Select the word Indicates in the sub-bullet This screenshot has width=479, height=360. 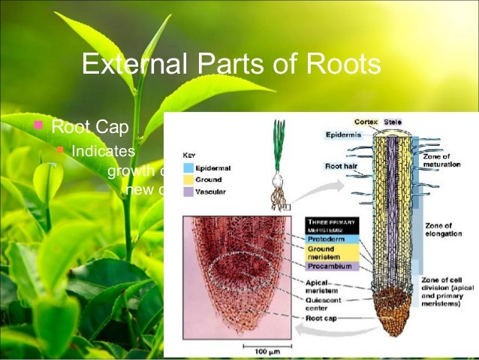coord(103,150)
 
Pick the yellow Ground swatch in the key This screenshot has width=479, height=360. coord(188,180)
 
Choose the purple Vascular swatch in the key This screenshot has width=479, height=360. coord(188,192)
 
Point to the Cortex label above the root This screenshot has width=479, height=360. coord(366,121)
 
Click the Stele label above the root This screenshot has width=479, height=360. coord(393,121)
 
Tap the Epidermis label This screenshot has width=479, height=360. coord(343,135)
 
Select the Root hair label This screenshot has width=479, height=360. coord(342,165)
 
